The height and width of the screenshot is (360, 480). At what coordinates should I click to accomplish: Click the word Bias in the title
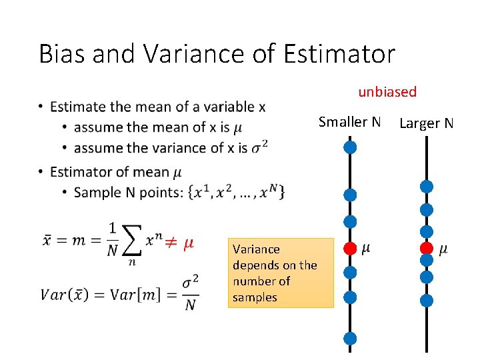[63, 54]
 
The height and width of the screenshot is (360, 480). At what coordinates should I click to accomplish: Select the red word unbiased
[387, 92]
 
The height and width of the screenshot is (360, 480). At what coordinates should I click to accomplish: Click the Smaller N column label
[349, 122]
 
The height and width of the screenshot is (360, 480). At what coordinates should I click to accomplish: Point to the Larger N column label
[426, 123]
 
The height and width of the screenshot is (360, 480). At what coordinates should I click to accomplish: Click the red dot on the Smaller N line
[350, 249]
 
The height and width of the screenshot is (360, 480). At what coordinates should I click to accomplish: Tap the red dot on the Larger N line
[427, 249]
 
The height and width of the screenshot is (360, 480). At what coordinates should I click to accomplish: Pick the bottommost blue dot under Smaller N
[350, 339]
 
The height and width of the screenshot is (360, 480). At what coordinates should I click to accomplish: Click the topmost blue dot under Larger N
[427, 186]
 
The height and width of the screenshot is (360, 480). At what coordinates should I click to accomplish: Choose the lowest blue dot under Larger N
[427, 301]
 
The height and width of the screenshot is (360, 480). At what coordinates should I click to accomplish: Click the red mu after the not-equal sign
[188, 243]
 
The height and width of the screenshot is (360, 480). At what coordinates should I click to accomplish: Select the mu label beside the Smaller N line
[367, 249]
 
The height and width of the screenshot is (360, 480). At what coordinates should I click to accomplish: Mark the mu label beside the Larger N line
[444, 249]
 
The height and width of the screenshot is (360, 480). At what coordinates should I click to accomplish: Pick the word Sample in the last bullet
[95, 193]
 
